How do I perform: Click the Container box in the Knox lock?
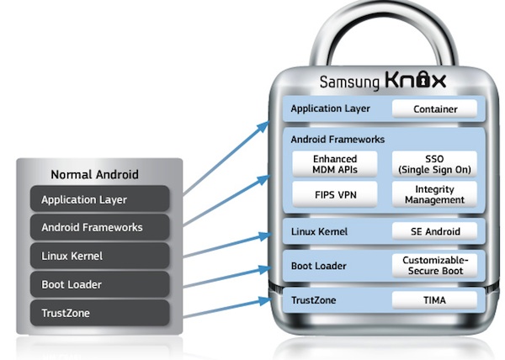[x=434, y=109]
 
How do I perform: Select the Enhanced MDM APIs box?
[x=336, y=164]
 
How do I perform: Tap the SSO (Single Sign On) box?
[x=434, y=164]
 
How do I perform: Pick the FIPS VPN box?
[x=336, y=194]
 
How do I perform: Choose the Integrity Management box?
[x=434, y=194]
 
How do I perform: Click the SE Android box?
[x=434, y=231]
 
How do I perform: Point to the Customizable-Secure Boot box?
[x=434, y=266]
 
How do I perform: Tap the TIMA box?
[x=434, y=299]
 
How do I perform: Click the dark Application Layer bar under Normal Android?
[x=100, y=199]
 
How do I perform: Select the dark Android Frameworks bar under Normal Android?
[x=100, y=227]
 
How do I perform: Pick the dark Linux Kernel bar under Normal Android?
[x=100, y=256]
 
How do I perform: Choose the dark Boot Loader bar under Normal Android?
[x=100, y=284]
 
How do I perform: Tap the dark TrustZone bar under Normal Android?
[x=100, y=313]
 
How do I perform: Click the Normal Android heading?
[x=95, y=175]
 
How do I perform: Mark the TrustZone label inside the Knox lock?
[x=315, y=300]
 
